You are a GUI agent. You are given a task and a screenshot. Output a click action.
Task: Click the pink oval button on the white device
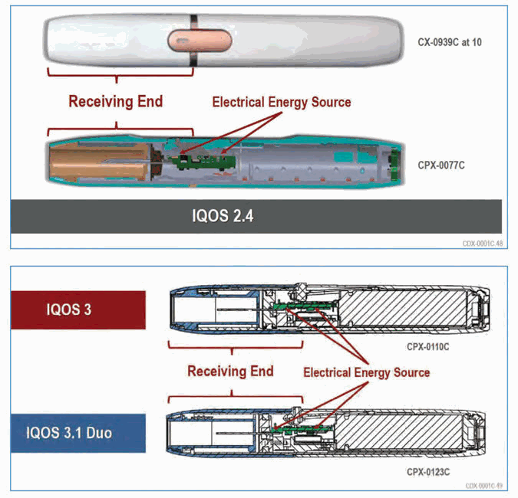click(200, 41)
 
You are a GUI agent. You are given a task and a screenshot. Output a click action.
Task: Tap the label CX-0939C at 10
click(450, 42)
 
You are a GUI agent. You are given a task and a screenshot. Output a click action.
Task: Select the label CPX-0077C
click(441, 165)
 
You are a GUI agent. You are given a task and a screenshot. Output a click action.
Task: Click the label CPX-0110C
click(427, 347)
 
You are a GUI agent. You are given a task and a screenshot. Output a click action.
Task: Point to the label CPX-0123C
click(428, 472)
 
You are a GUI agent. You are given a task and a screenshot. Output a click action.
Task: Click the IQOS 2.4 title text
click(223, 216)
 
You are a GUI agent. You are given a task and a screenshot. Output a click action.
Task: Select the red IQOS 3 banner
click(78, 310)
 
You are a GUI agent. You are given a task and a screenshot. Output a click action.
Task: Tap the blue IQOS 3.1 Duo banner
click(78, 433)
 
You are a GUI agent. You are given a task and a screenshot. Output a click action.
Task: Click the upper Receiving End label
click(116, 101)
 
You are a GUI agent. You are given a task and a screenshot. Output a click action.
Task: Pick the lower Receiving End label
click(230, 371)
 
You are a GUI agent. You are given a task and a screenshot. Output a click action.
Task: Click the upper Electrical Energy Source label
click(282, 102)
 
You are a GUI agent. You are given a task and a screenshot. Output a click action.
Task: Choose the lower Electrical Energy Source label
click(367, 372)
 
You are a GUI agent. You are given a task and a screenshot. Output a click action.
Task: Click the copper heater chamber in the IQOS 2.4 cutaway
click(99, 162)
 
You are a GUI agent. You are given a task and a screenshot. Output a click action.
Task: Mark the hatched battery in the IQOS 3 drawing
click(403, 307)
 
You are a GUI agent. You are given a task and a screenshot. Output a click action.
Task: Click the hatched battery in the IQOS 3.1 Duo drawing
click(399, 431)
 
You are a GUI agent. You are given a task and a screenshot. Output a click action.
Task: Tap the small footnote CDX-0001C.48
click(483, 244)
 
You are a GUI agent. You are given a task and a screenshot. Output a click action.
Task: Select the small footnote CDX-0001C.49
click(484, 486)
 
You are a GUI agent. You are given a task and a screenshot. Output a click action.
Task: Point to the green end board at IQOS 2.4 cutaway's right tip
click(395, 164)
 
